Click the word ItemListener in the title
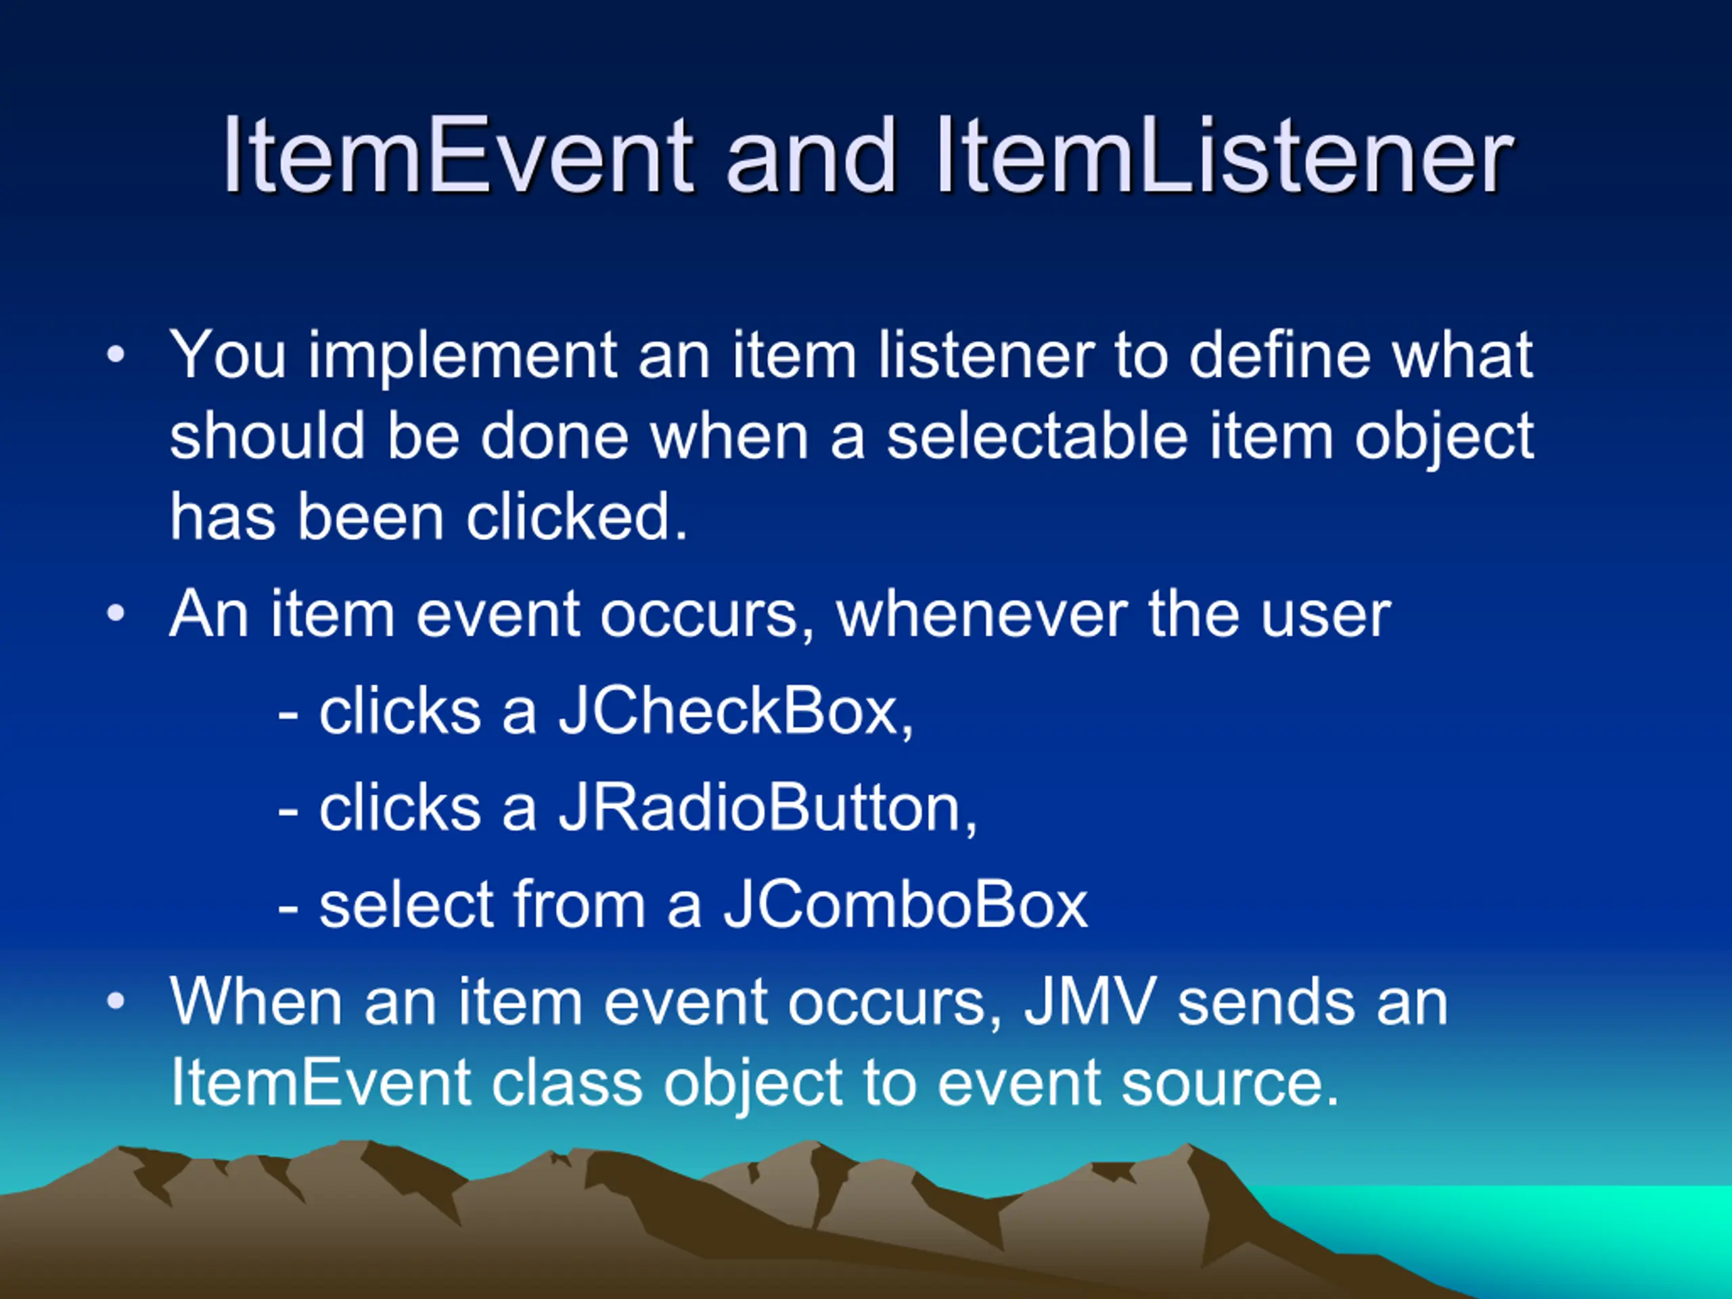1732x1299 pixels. pyautogui.click(x=1224, y=155)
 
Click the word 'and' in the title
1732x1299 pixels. pyautogui.click(x=811, y=155)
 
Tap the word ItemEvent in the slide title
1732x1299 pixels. pyautogui.click(x=457, y=155)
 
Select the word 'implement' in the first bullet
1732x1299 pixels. pyautogui.click(x=463, y=357)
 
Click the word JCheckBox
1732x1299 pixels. pyautogui.click(x=735, y=712)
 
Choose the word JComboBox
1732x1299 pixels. pyautogui.click(x=905, y=905)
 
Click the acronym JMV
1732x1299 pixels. pyautogui.click(x=1090, y=1002)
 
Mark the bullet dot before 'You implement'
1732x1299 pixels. pyautogui.click(x=116, y=357)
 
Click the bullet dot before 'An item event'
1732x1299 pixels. pyautogui.click(x=116, y=614)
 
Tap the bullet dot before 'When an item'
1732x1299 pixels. pyautogui.click(x=116, y=1001)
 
